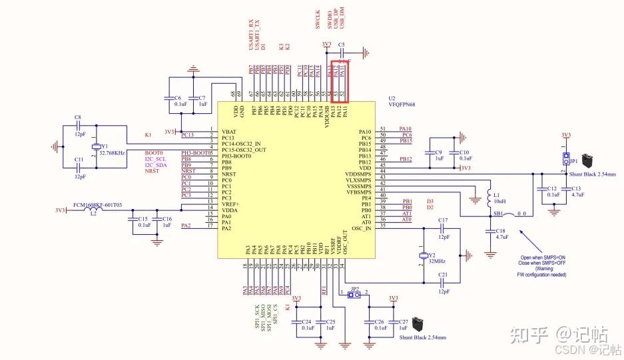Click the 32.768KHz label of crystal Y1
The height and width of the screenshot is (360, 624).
[113, 153]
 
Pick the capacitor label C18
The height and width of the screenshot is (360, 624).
[501, 230]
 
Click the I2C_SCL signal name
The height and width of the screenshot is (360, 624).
[155, 159]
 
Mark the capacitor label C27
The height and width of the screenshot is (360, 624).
[404, 322]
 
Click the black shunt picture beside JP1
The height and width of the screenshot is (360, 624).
[589, 160]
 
